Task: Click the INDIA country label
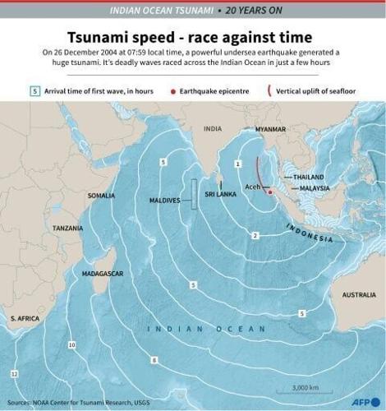tap(213, 129)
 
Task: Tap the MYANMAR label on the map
tap(269, 130)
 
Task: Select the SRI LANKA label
tap(220, 194)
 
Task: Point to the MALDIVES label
tap(164, 200)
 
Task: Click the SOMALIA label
tap(101, 196)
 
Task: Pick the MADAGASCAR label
tap(103, 272)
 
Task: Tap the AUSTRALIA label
tap(358, 294)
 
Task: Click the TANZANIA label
tap(67, 228)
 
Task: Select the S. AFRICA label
tap(25, 317)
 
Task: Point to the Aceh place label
tap(253, 188)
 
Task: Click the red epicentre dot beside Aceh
tap(269, 191)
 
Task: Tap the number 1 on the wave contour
tap(237, 164)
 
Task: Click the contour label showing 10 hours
tap(72, 344)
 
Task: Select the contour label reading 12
tap(14, 374)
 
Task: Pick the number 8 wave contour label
tap(154, 360)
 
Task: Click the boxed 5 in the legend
tap(34, 91)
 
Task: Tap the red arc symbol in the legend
tap(272, 91)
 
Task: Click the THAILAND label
tap(310, 177)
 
